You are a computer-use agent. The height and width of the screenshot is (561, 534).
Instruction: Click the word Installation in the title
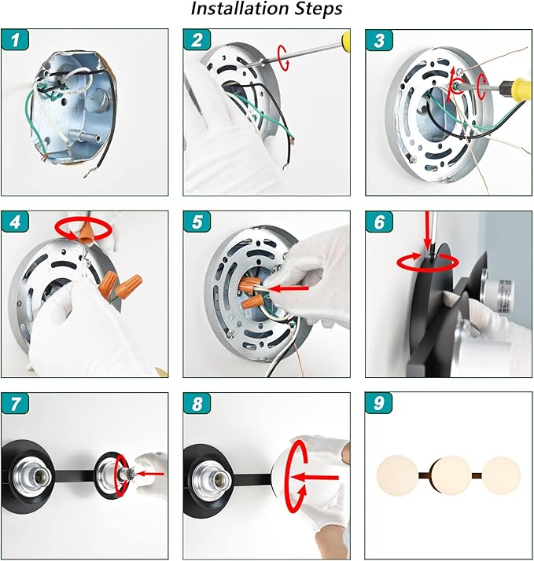240,9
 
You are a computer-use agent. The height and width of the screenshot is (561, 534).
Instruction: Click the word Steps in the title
319,9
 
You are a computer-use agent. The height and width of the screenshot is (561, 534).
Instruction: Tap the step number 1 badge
15,40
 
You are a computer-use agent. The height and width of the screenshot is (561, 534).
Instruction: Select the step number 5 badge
197,222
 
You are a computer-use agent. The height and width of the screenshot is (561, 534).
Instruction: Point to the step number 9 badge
379,404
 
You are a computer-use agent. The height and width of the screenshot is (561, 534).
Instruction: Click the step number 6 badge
379,222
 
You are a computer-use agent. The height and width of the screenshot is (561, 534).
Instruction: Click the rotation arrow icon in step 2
284,57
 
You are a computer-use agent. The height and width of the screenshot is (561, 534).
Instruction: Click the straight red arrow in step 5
289,288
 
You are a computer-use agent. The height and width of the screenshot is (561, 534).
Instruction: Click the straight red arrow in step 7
150,474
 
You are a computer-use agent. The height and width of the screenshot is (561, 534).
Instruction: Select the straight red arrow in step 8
315,477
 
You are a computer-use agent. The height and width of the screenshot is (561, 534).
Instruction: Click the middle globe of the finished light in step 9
451,475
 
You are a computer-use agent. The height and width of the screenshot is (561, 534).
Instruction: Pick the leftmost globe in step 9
397,475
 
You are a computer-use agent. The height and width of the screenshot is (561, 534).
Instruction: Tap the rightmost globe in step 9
501,475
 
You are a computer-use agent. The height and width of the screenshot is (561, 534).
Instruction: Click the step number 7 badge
15,404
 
